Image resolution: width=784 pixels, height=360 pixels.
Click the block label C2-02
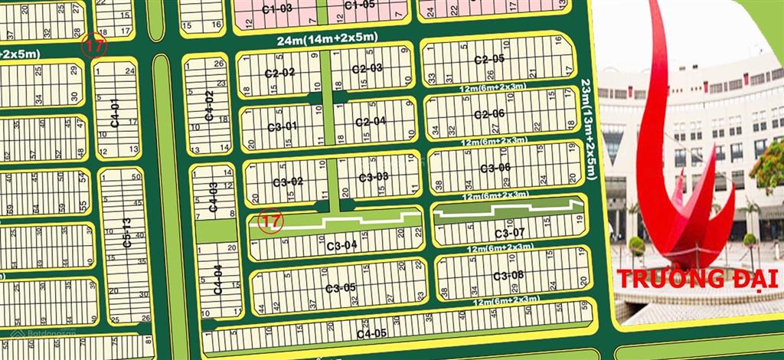point(279,74)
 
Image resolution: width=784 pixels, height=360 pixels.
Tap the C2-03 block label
point(367,69)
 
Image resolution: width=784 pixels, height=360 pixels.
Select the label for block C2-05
point(488,60)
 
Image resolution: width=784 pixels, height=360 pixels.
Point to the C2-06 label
point(488,115)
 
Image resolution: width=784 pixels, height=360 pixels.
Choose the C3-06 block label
point(495,169)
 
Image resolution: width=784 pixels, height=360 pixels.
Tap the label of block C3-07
point(509,233)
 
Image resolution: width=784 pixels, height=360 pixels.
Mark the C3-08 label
point(508,276)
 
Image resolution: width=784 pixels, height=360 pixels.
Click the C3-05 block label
point(340,288)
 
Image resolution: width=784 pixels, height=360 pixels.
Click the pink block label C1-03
point(276,8)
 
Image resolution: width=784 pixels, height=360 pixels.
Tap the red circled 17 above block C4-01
point(95,44)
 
